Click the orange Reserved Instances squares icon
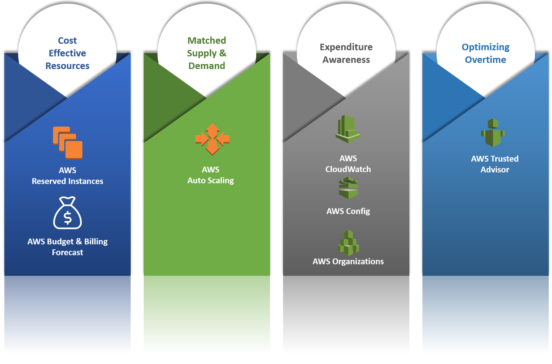click(68, 143)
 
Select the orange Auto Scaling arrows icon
click(212, 139)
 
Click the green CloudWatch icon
click(348, 129)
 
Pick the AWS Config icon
click(348, 188)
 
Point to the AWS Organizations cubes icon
click(348, 243)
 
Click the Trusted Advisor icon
click(493, 133)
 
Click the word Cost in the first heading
click(67, 40)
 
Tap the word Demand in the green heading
click(207, 66)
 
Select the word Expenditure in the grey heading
click(346, 47)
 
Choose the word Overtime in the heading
click(485, 60)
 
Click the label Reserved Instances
click(67, 181)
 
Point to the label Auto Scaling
click(211, 180)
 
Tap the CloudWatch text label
click(348, 169)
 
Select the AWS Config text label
click(348, 211)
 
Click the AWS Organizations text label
click(348, 261)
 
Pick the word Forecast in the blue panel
click(67, 252)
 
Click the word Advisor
click(494, 170)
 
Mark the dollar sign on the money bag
click(67, 218)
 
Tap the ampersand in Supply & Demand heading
click(223, 53)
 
